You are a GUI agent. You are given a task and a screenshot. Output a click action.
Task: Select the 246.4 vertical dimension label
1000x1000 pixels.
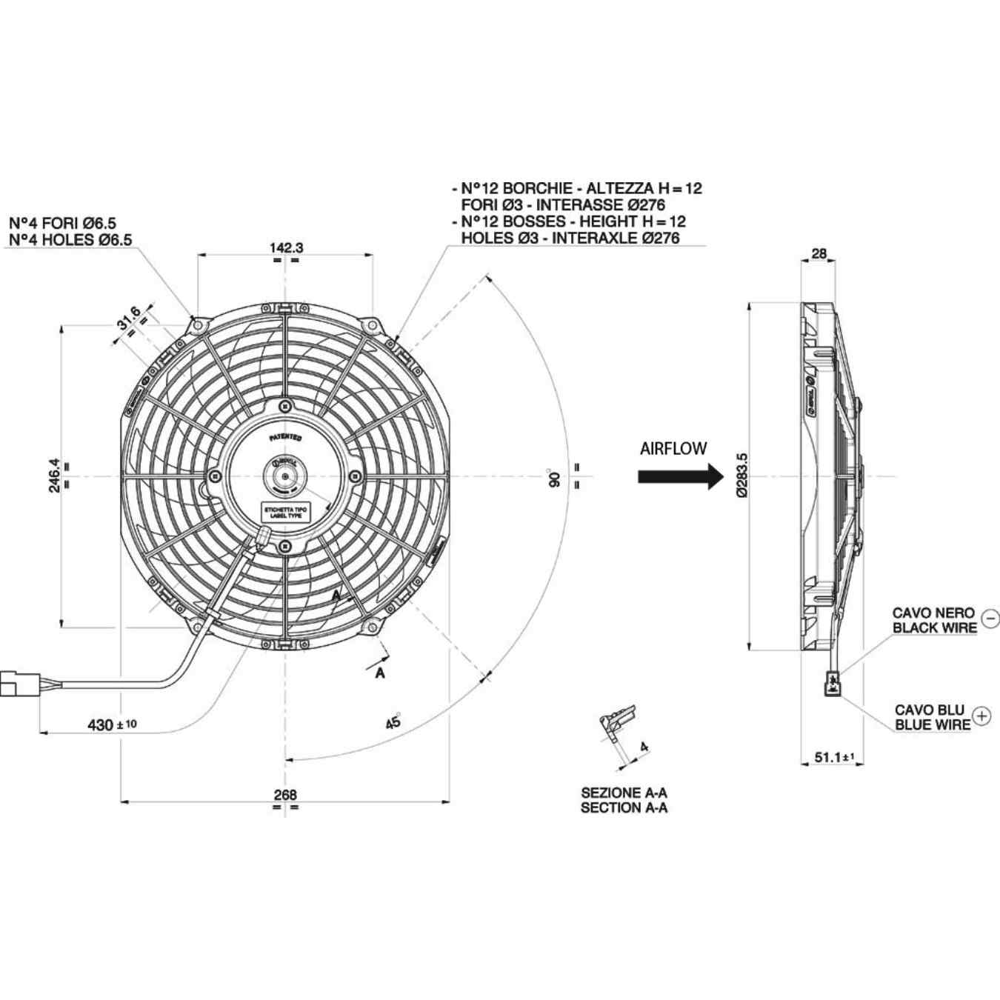pyautogui.click(x=54, y=476)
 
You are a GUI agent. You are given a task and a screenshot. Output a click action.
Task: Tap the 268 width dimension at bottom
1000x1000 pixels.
pyautogui.click(x=285, y=794)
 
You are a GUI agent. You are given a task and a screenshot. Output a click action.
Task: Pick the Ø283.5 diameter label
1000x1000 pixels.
pyautogui.click(x=742, y=476)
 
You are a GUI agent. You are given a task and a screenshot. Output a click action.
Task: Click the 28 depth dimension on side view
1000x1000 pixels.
pyautogui.click(x=819, y=253)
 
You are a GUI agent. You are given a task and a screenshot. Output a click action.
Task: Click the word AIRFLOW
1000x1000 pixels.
pyautogui.click(x=673, y=448)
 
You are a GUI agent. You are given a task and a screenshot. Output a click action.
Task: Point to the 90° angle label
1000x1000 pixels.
pyautogui.click(x=554, y=478)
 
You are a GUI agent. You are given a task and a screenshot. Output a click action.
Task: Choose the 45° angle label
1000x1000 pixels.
pyautogui.click(x=393, y=721)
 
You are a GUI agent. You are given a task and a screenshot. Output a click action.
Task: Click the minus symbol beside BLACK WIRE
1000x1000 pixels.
pyautogui.click(x=990, y=618)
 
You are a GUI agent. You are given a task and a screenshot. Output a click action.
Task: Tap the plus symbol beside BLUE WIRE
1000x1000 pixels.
pyautogui.click(x=981, y=716)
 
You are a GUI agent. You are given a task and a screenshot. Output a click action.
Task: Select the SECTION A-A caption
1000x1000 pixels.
pyautogui.click(x=624, y=807)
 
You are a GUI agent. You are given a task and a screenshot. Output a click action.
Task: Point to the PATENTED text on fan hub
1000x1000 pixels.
pyautogui.click(x=285, y=439)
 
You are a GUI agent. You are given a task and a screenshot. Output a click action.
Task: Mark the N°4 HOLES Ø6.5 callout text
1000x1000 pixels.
pyautogui.click(x=70, y=239)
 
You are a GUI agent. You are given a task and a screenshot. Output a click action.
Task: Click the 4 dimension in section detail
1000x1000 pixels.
pyautogui.click(x=644, y=747)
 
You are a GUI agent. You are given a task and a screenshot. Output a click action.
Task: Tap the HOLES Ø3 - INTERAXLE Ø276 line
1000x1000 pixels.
pyautogui.click(x=570, y=238)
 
